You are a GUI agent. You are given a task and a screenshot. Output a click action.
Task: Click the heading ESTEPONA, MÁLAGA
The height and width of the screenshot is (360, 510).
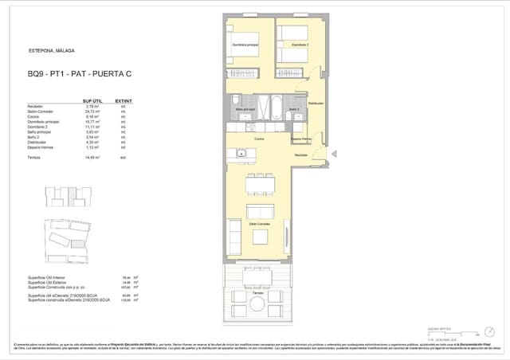pos(51,50)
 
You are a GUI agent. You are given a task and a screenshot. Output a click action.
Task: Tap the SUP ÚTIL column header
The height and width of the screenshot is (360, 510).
pos(92,101)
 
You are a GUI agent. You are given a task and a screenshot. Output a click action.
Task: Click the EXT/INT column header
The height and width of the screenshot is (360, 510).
pos(123,101)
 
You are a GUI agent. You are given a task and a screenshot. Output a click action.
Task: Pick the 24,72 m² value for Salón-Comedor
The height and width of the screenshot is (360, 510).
pos(91,112)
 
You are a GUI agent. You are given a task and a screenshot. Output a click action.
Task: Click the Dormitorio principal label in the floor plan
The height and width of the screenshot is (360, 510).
pos(245,45)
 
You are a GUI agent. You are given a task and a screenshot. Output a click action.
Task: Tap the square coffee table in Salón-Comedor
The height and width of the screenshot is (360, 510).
pos(261,211)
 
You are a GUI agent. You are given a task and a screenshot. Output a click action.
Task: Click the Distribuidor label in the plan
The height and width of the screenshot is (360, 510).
pos(315,103)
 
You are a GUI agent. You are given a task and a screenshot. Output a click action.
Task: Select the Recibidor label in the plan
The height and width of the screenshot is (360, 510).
pos(301,155)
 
